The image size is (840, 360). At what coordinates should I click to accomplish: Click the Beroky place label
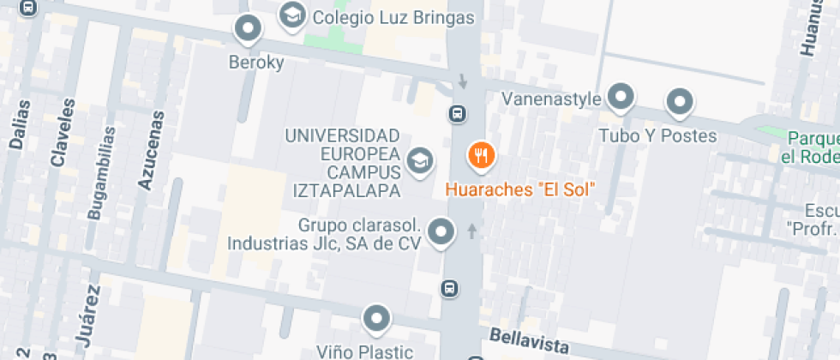[255, 63]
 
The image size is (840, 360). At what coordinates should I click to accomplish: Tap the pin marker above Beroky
[249, 29]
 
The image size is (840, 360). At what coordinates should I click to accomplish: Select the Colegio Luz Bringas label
[393, 17]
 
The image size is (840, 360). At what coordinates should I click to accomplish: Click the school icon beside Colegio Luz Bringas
[293, 15]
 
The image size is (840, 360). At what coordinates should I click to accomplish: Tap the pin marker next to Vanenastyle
[620, 97]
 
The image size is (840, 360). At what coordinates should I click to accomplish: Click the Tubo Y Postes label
[657, 136]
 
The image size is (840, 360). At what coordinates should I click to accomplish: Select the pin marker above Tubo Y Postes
[680, 103]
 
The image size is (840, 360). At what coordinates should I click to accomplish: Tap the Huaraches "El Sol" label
[520, 189]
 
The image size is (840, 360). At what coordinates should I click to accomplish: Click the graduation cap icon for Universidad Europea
[418, 160]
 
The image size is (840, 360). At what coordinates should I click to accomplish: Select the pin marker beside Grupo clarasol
[441, 231]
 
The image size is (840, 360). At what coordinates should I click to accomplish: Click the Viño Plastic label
[364, 351]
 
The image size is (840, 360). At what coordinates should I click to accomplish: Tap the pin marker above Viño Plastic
[375, 319]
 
